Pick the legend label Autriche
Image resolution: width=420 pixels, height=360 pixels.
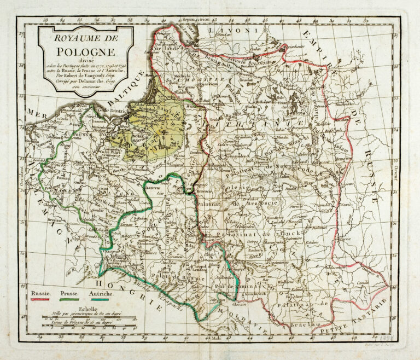(102, 294)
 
